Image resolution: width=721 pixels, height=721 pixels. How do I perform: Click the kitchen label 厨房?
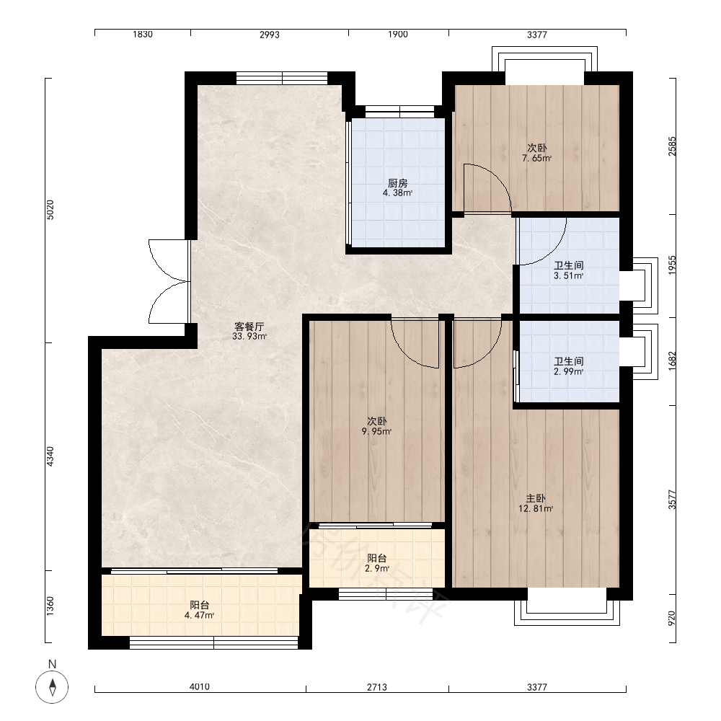coord(398,183)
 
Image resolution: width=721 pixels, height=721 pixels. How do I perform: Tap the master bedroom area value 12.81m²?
coord(536,508)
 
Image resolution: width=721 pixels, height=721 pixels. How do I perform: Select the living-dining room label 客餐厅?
coord(249,327)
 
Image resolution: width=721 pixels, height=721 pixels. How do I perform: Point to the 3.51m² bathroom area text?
coord(568,276)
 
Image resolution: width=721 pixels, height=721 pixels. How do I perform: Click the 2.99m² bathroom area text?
coord(568,371)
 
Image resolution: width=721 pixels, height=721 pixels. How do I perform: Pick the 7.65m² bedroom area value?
coord(536,158)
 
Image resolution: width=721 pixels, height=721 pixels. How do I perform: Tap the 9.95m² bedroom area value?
coord(376,431)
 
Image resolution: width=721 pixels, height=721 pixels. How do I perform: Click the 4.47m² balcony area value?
coord(200,615)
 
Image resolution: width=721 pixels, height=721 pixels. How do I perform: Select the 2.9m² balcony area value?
coord(377,568)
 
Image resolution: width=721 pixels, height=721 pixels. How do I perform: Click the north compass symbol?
coord(52,687)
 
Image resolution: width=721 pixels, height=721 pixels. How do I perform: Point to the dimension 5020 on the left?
coord(50,210)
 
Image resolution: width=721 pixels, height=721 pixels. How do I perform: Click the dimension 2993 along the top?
coord(270,35)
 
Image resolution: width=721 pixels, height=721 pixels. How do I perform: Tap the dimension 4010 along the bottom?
coord(200,686)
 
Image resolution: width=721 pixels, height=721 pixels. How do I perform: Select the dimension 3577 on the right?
coord(672,500)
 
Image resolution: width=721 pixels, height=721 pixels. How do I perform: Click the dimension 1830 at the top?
coord(143,34)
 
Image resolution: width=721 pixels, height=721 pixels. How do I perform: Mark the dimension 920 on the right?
coord(672,618)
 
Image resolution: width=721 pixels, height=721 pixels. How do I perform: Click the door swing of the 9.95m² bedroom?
coord(415,342)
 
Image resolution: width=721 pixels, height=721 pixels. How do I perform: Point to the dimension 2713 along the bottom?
coord(377,687)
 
